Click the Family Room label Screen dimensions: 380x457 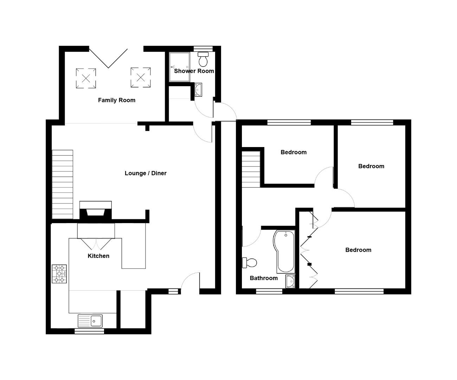point(116,100)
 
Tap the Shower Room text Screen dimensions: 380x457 point(194,71)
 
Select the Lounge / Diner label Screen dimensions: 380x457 point(146,173)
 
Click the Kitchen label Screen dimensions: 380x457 point(98,256)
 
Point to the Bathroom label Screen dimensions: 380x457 point(264,278)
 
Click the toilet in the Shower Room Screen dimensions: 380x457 point(203,60)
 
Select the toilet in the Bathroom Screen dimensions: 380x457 point(250,262)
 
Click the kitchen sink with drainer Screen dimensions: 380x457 point(90,321)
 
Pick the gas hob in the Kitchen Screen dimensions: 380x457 point(59,274)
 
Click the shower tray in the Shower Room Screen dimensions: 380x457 point(179,67)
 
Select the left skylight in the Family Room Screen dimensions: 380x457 point(86,78)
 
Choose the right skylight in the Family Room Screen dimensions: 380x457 point(141,77)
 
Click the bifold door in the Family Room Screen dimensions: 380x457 point(108,57)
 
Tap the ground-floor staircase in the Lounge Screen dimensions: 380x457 point(63,184)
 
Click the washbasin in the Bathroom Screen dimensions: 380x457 point(290,281)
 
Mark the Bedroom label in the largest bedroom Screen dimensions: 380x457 point(358,250)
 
